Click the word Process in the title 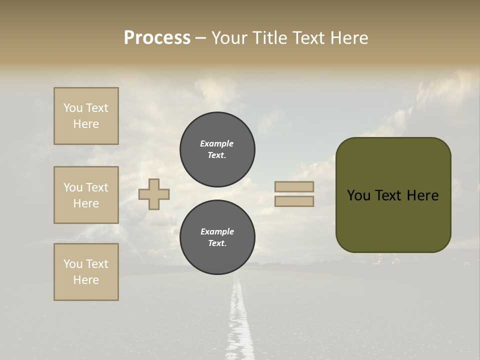(x=157, y=38)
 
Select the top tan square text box (x=86, y=116)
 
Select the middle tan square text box (x=86, y=195)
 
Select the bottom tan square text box (x=86, y=272)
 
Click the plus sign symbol (x=154, y=194)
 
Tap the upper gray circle (x=217, y=149)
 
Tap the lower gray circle (x=217, y=237)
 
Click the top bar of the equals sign (x=294, y=186)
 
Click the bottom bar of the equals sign (x=294, y=201)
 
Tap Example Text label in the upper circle (x=217, y=149)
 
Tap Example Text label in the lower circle (x=217, y=237)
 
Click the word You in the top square (x=72, y=108)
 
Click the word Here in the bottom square (x=86, y=280)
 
